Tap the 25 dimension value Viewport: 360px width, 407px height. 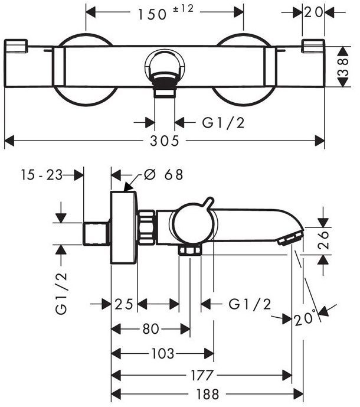(124, 304)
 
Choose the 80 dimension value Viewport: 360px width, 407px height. (150, 329)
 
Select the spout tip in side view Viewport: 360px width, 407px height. (289, 237)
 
